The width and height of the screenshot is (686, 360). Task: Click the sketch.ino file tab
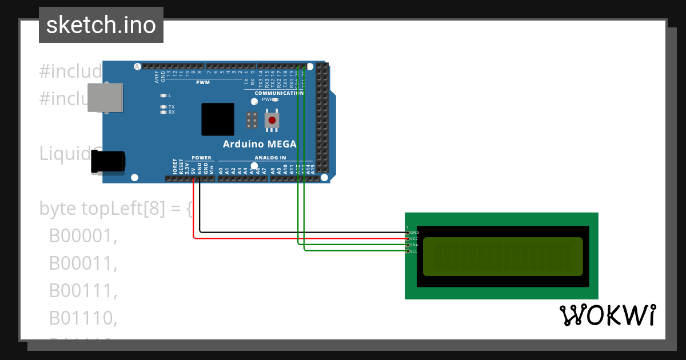(x=101, y=25)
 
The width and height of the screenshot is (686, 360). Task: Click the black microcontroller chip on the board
(x=217, y=119)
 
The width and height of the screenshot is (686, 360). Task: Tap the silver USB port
(x=105, y=97)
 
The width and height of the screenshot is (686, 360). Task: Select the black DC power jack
(x=108, y=161)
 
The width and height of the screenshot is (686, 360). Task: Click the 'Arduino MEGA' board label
(x=260, y=144)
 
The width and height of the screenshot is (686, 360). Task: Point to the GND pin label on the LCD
(x=414, y=233)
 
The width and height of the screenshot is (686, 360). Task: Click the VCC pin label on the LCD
(x=414, y=239)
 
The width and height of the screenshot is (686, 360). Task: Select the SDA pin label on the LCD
(x=414, y=245)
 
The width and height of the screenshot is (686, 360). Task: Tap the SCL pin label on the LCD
(x=414, y=251)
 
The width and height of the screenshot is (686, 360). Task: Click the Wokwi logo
(x=608, y=315)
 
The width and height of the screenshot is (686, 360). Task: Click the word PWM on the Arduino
(x=203, y=83)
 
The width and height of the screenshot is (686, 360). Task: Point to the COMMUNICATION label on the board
(x=279, y=93)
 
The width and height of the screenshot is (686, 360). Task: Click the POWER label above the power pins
(x=201, y=158)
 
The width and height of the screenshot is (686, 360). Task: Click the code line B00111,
(x=83, y=291)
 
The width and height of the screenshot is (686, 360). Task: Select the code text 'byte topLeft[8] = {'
(x=117, y=209)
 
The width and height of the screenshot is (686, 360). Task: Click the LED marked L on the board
(x=163, y=95)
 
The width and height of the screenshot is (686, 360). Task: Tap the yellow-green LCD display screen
(x=502, y=257)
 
